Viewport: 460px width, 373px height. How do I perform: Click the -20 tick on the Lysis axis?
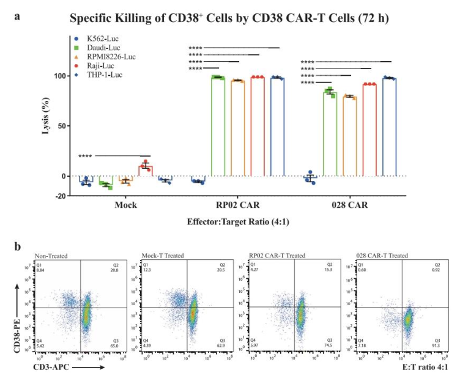click(60, 196)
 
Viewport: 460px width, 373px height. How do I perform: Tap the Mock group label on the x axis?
click(125, 205)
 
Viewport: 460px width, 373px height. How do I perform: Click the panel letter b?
click(19, 247)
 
